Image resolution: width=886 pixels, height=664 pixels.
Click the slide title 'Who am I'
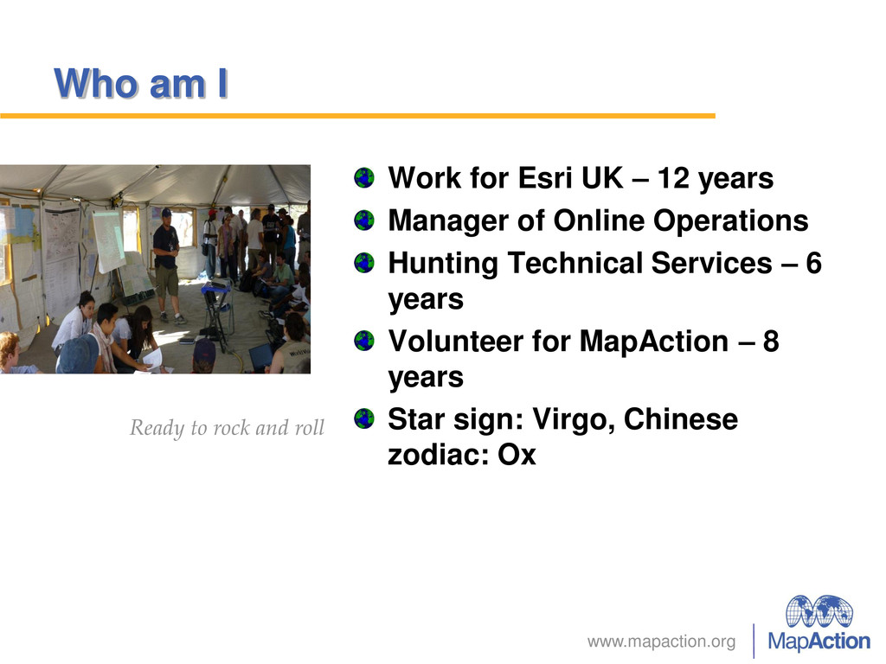(141, 84)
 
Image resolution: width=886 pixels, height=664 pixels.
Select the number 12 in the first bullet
(673, 178)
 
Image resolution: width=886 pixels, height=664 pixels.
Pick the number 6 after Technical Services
(813, 263)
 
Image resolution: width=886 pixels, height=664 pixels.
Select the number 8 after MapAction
(771, 341)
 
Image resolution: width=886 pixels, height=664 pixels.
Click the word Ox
(517, 455)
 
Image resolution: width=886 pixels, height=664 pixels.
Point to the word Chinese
(681, 419)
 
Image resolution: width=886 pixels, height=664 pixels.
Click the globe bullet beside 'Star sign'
(364, 419)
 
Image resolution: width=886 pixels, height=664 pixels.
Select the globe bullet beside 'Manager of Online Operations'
(364, 220)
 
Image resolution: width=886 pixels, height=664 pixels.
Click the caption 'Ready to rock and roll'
(228, 427)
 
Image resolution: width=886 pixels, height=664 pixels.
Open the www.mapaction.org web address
(661, 642)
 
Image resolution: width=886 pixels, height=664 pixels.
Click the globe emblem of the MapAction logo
(819, 611)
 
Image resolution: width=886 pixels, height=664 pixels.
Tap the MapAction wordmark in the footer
(819, 642)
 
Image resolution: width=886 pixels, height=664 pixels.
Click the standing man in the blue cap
(167, 265)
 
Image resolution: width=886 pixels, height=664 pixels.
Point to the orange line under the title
(357, 116)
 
